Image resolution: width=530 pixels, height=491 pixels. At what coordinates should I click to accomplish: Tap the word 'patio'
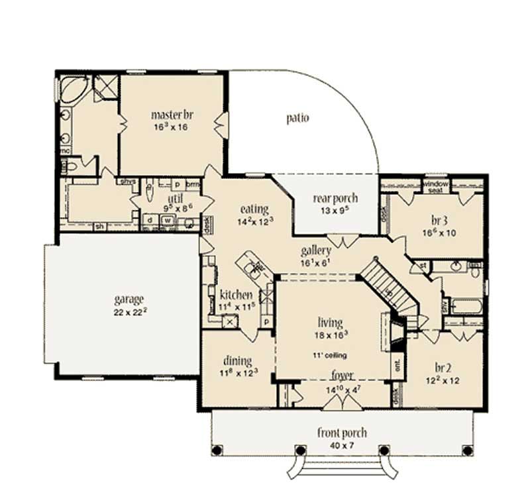297,119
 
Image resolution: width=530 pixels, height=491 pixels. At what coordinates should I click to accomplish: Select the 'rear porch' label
335,197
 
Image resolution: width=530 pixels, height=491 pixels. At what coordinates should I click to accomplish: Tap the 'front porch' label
342,433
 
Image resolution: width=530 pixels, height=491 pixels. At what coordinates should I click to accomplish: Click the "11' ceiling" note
330,356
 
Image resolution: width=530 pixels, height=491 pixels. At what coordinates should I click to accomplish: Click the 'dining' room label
237,361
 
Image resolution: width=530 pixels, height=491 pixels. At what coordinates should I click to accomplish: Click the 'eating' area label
254,209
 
